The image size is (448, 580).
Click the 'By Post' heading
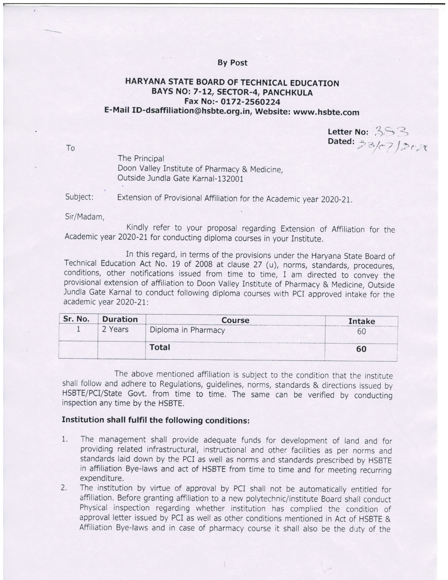pyautogui.click(x=232, y=63)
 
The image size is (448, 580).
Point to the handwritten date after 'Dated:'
pyautogui.click(x=393, y=146)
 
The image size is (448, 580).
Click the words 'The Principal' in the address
pyautogui.click(x=141, y=159)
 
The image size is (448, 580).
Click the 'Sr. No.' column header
pyautogui.click(x=76, y=319)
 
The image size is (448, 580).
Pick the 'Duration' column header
pyautogui.click(x=120, y=319)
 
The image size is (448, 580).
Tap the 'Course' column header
pyautogui.click(x=235, y=320)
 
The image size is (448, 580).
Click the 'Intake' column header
pyautogui.click(x=362, y=321)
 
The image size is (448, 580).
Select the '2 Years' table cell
pyautogui.click(x=115, y=329)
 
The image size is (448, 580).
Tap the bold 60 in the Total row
pyautogui.click(x=361, y=349)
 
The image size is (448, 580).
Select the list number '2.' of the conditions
pyautogui.click(x=64, y=488)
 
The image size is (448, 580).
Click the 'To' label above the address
pyautogui.click(x=70, y=148)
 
